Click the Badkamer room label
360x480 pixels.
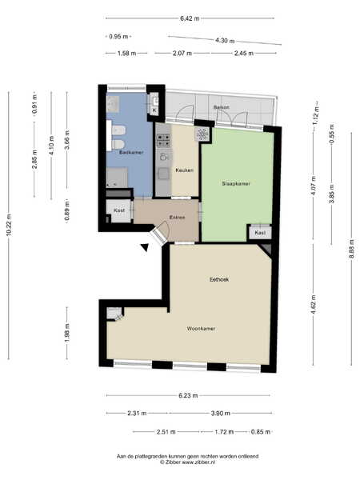131,152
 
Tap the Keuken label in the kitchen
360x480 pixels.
184,170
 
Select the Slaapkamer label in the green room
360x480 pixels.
236,183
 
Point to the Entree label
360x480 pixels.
178,218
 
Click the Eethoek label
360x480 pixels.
219,279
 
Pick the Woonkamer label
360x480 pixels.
201,329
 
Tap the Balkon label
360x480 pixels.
221,107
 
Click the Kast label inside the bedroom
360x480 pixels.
260,233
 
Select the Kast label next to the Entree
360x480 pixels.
119,210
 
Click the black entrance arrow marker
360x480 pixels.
145,246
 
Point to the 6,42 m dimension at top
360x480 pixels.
190,18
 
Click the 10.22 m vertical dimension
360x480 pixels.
9,225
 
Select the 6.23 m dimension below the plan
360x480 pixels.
188,395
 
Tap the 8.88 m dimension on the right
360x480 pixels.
352,249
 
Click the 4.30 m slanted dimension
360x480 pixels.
225,40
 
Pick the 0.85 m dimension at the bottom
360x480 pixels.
261,432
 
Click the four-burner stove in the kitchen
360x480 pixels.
164,141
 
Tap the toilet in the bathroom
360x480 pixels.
118,144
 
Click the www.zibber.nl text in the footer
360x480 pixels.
198,462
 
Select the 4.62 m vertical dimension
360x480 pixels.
313,305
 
